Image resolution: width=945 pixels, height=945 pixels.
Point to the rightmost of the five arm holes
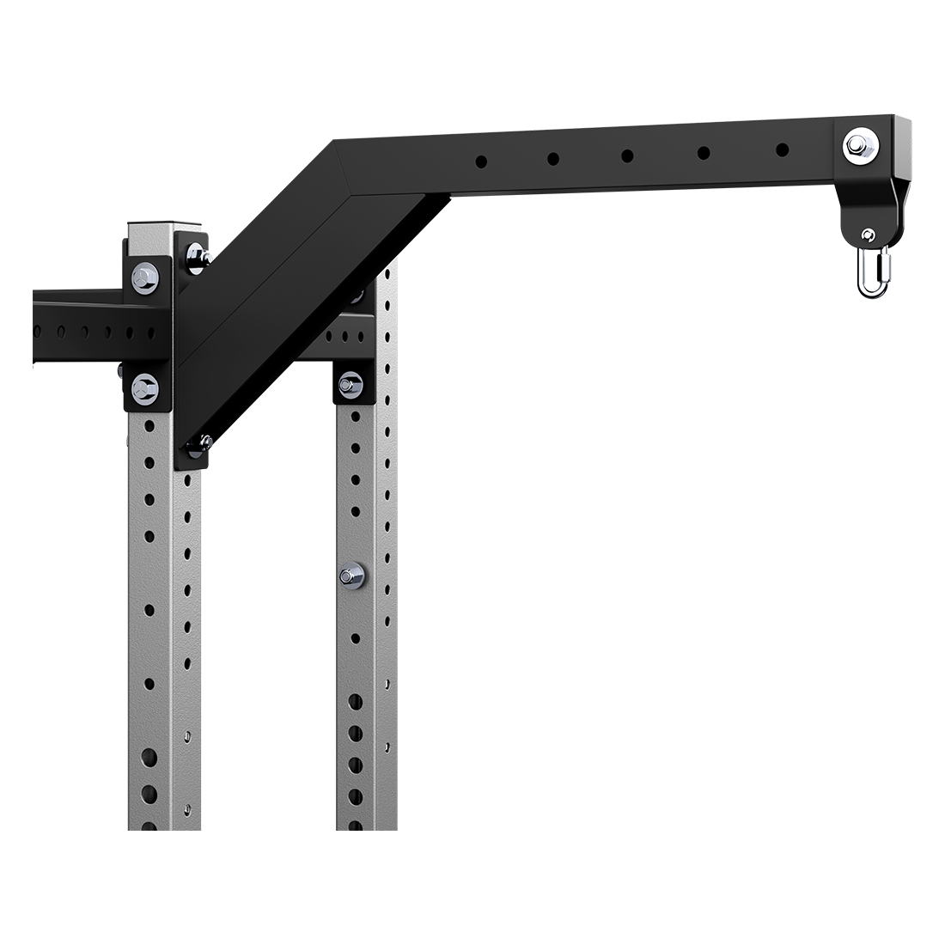click(x=782, y=150)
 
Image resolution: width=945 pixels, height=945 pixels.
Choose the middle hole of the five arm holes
click(x=628, y=155)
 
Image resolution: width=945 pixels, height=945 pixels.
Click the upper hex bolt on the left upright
click(x=144, y=277)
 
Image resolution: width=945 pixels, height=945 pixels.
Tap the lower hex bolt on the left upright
click(x=144, y=389)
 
